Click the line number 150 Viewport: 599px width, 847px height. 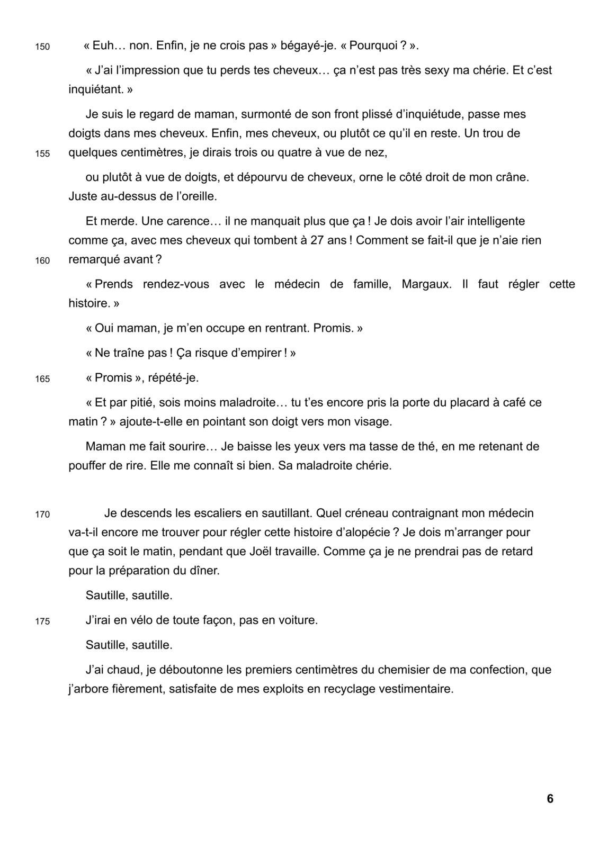[42, 47]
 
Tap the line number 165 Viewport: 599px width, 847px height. [42, 379]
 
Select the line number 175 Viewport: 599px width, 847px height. [42, 621]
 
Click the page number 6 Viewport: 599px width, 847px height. [550, 799]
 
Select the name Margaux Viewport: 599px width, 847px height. [426, 284]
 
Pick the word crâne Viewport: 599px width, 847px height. [513, 177]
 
